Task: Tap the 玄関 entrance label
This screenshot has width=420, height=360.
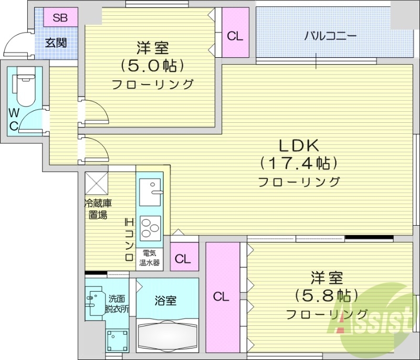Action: (55, 43)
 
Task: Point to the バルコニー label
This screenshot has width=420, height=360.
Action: (330, 36)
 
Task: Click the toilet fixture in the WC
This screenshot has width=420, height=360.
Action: (25, 89)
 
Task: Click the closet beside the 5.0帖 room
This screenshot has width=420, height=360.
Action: (235, 36)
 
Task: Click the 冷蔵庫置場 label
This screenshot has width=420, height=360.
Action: (98, 209)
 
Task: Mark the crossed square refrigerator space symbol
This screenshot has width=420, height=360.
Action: (97, 183)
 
